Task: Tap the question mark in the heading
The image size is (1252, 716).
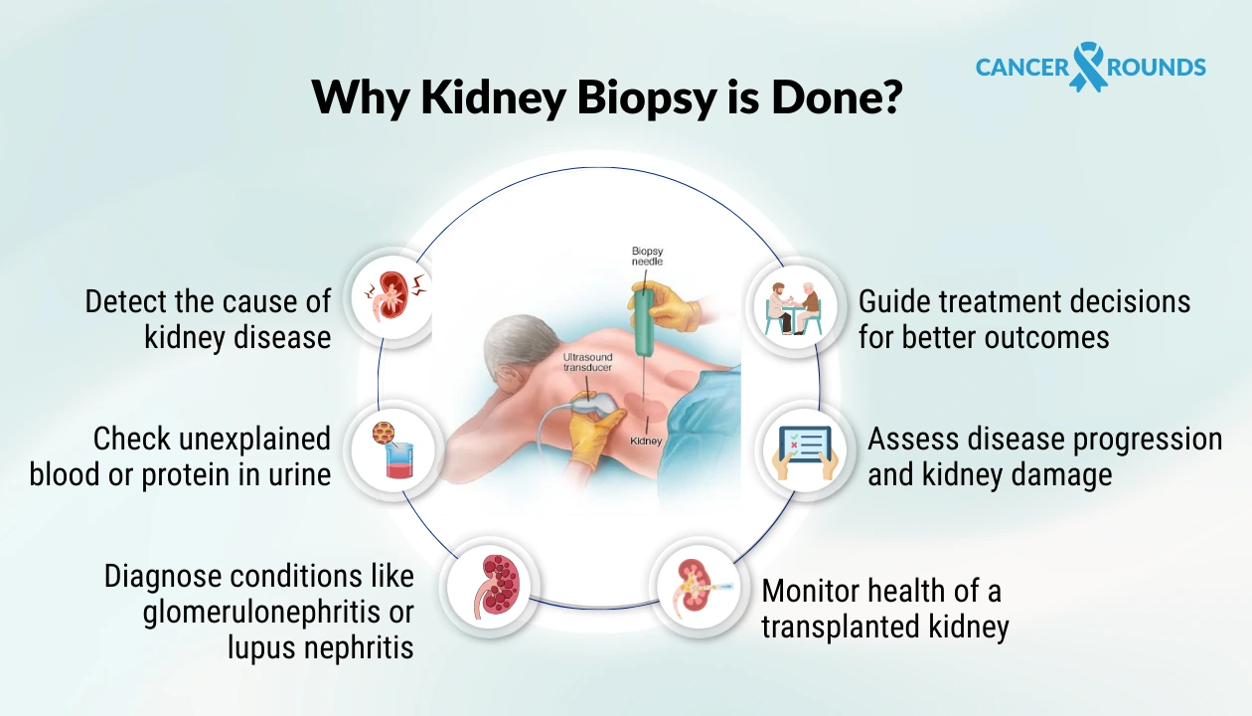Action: pos(887,97)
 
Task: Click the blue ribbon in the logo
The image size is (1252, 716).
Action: pos(1088,67)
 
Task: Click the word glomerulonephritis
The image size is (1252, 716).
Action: pos(278,613)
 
